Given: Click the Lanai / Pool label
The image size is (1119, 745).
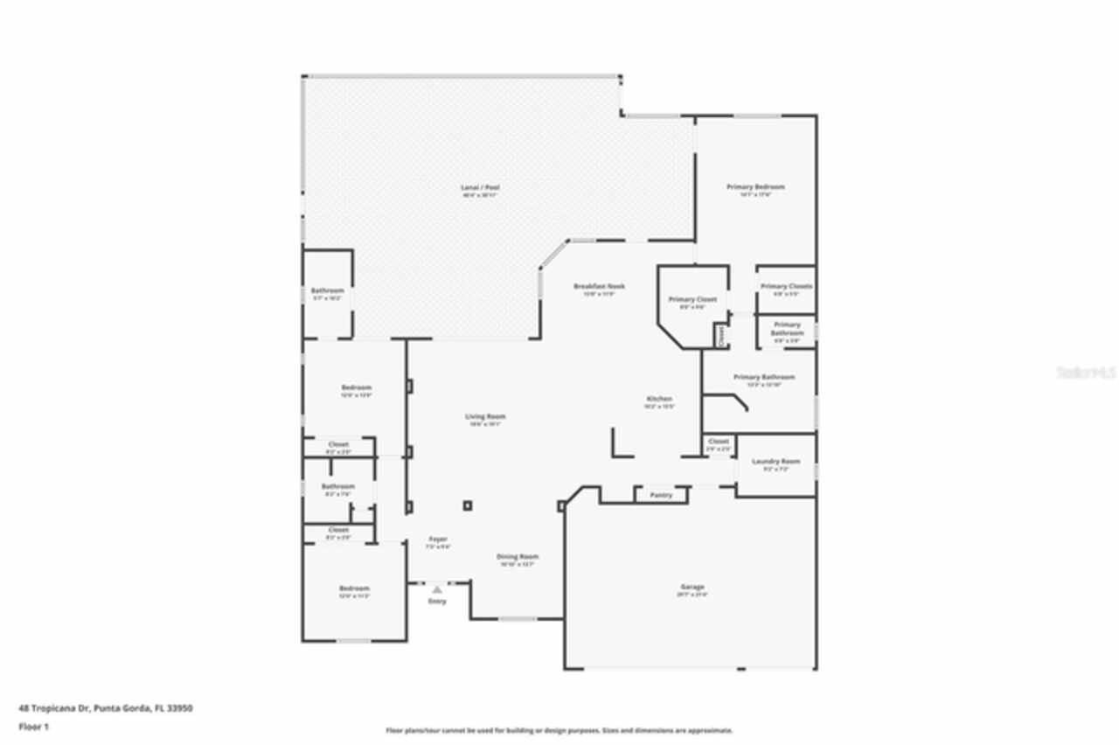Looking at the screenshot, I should point(480,188).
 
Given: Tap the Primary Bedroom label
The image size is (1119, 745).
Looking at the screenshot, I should point(755,187).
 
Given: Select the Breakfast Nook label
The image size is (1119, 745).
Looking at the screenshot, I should point(599,287).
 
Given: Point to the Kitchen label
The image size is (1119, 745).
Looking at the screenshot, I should point(659,399).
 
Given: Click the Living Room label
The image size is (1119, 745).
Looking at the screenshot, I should point(485,417).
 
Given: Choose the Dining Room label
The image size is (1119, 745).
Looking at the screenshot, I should point(518,557).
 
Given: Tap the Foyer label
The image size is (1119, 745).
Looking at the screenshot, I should point(437,540).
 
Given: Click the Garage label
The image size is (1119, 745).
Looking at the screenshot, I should point(692,588).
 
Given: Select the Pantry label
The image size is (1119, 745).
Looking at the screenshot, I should point(661,496).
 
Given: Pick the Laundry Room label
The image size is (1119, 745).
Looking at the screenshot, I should point(775,462).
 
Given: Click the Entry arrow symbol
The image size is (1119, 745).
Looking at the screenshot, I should point(436,590).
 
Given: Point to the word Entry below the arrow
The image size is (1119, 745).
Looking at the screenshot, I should point(436,602).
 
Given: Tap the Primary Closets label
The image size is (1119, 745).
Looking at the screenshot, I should point(786,287).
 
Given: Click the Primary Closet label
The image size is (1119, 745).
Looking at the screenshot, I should point(692,300).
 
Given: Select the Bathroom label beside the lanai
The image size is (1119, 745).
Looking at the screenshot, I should point(327,291).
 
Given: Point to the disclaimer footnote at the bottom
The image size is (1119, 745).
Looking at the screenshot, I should point(559,730).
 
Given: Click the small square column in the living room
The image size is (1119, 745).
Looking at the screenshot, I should point(468,505).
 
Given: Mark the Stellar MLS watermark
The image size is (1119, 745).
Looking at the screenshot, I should point(1086,372).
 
